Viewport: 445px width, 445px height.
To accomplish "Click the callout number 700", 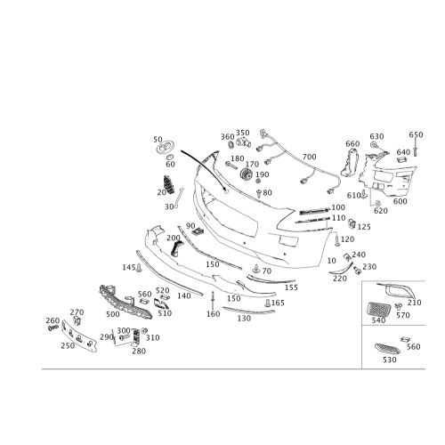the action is click(x=309, y=157).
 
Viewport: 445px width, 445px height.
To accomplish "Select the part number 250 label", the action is click(x=68, y=345).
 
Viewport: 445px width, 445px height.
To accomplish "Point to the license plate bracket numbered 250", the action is click(x=79, y=336).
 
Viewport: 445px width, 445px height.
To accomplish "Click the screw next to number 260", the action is click(x=53, y=328).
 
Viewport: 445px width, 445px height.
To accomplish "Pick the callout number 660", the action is click(x=352, y=143).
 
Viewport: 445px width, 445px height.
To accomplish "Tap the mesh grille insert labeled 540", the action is click(x=378, y=309).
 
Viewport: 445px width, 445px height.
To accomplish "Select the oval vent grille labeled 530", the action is click(x=387, y=349).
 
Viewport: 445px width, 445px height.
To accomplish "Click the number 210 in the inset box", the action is click(x=415, y=303).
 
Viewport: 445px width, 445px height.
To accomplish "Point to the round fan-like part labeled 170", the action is click(x=246, y=174).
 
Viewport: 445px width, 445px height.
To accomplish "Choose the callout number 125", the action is click(x=364, y=227).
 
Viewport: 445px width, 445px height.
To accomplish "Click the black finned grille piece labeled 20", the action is click(x=168, y=184).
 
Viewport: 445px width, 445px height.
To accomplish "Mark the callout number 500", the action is click(x=113, y=314).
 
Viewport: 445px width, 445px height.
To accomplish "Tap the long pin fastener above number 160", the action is click(x=213, y=300).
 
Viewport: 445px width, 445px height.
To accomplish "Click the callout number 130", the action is click(x=244, y=318).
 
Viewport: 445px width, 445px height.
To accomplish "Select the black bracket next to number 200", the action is click(x=176, y=248).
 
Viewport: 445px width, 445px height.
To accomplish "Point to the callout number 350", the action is click(x=243, y=133).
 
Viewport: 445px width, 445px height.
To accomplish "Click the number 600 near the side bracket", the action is click(x=400, y=201).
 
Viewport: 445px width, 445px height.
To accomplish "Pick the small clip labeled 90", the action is click(x=198, y=231).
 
